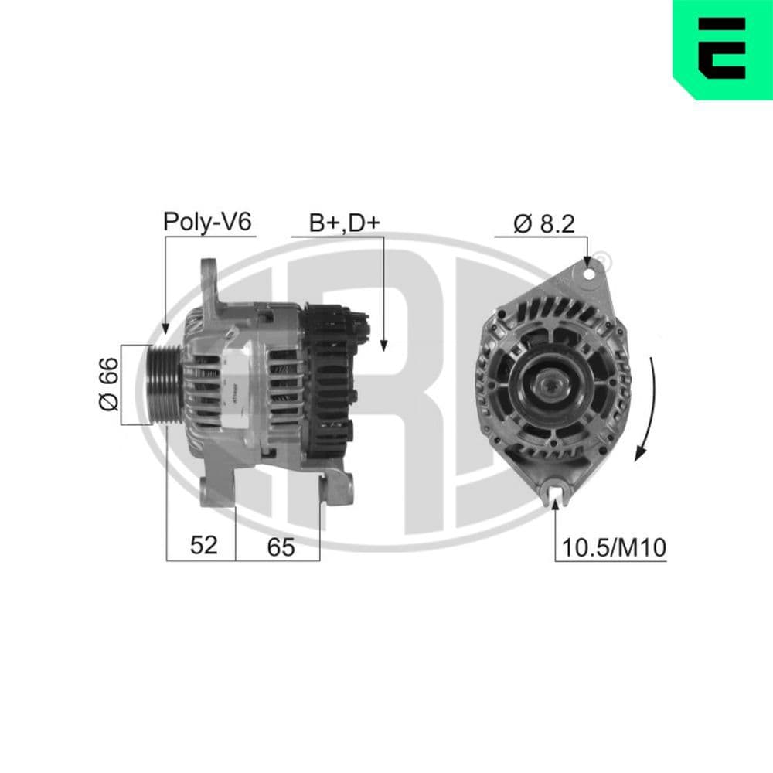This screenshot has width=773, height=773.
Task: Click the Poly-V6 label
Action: pyautogui.click(x=207, y=223)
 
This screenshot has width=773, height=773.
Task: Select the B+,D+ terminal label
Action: pyautogui.click(x=345, y=223)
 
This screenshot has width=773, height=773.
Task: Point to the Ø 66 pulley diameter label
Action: pyautogui.click(x=107, y=383)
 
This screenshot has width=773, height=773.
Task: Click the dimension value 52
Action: pyautogui.click(x=203, y=546)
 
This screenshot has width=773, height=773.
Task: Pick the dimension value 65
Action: pyautogui.click(x=281, y=547)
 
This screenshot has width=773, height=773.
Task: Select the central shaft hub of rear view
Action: pyautogui.click(x=550, y=384)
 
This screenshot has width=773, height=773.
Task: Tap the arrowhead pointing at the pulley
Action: pyautogui.click(x=165, y=328)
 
